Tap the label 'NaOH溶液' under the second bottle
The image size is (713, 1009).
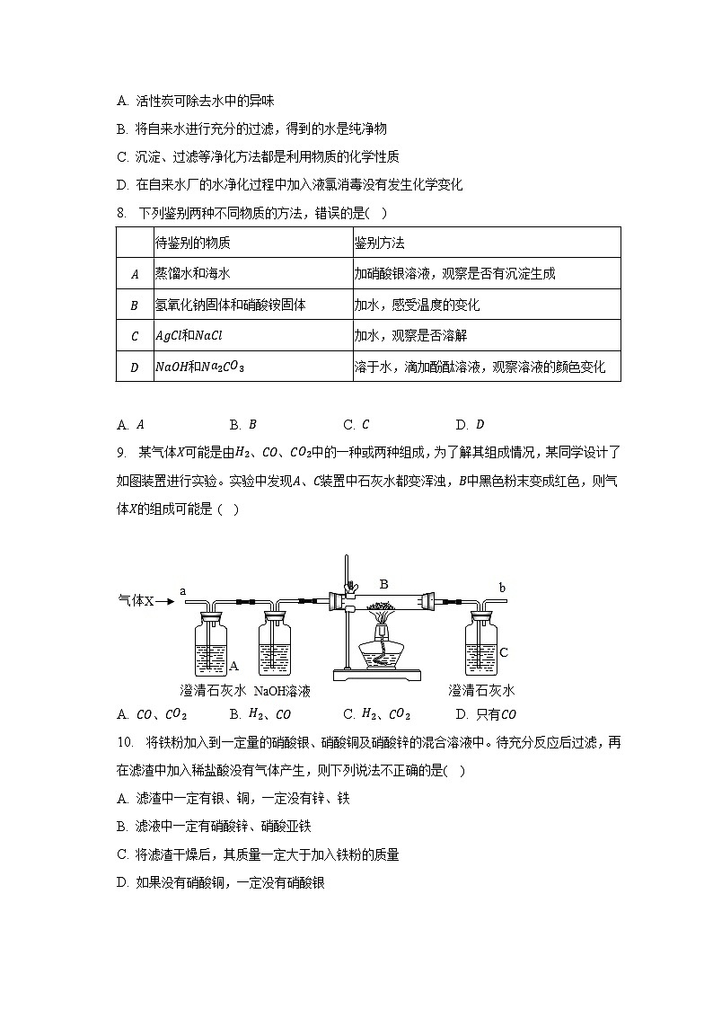pos(282,691)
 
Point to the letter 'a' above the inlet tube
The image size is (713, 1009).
pos(183,590)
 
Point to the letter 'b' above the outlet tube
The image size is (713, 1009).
pos(502,589)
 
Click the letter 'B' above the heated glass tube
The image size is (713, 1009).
pos(383,584)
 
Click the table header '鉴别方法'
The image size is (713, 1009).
pos(379,243)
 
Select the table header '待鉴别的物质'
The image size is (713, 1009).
pos(193,243)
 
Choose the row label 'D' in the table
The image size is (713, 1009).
pos(135,367)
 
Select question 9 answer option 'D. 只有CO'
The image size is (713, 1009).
pos(486,715)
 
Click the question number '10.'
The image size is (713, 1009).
pos(125,743)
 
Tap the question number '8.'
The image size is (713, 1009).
pos(121,212)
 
